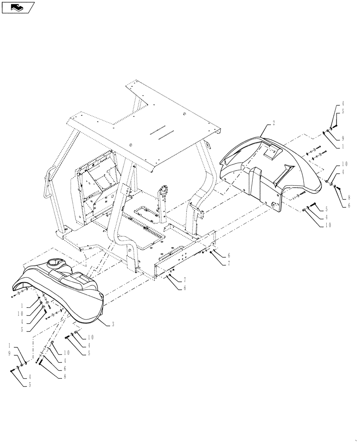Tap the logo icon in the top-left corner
click(18, 7)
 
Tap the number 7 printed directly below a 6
click(229, 263)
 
